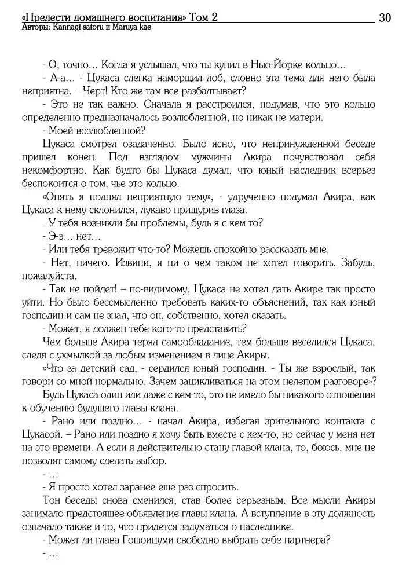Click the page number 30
385,18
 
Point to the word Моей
61,130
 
